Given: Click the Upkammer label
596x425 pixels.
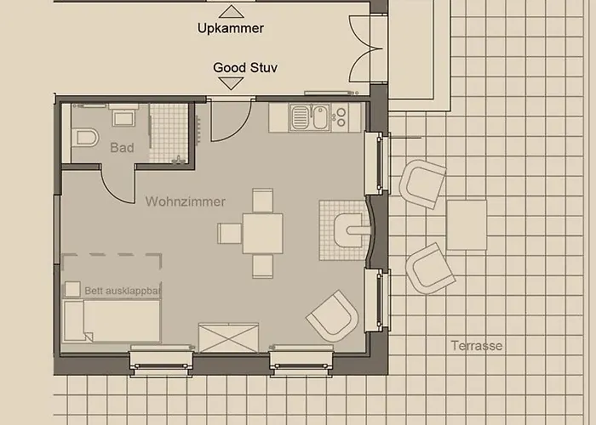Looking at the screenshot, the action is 231,28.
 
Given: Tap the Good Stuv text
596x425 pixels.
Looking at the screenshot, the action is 245,67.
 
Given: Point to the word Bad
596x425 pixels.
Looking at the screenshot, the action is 122,148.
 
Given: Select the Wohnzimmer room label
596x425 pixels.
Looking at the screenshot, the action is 185,201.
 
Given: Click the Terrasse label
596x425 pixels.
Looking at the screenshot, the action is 477,346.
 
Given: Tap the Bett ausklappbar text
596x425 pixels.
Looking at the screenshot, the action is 123,291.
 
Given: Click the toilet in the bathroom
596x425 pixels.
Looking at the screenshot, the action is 85,138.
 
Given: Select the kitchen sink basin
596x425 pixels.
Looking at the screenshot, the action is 321,117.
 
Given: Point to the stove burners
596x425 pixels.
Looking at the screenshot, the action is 341,117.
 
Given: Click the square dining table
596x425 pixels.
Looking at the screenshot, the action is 263,234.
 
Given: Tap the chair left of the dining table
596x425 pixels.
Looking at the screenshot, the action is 230,234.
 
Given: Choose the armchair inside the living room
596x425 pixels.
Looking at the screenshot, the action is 334,316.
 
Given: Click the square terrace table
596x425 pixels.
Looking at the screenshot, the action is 467,225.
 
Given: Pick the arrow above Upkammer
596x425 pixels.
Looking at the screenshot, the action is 232,12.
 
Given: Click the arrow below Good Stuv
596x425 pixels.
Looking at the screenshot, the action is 231,83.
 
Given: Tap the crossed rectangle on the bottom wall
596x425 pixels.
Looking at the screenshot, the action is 229,337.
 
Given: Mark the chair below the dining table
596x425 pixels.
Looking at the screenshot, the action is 262,266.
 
